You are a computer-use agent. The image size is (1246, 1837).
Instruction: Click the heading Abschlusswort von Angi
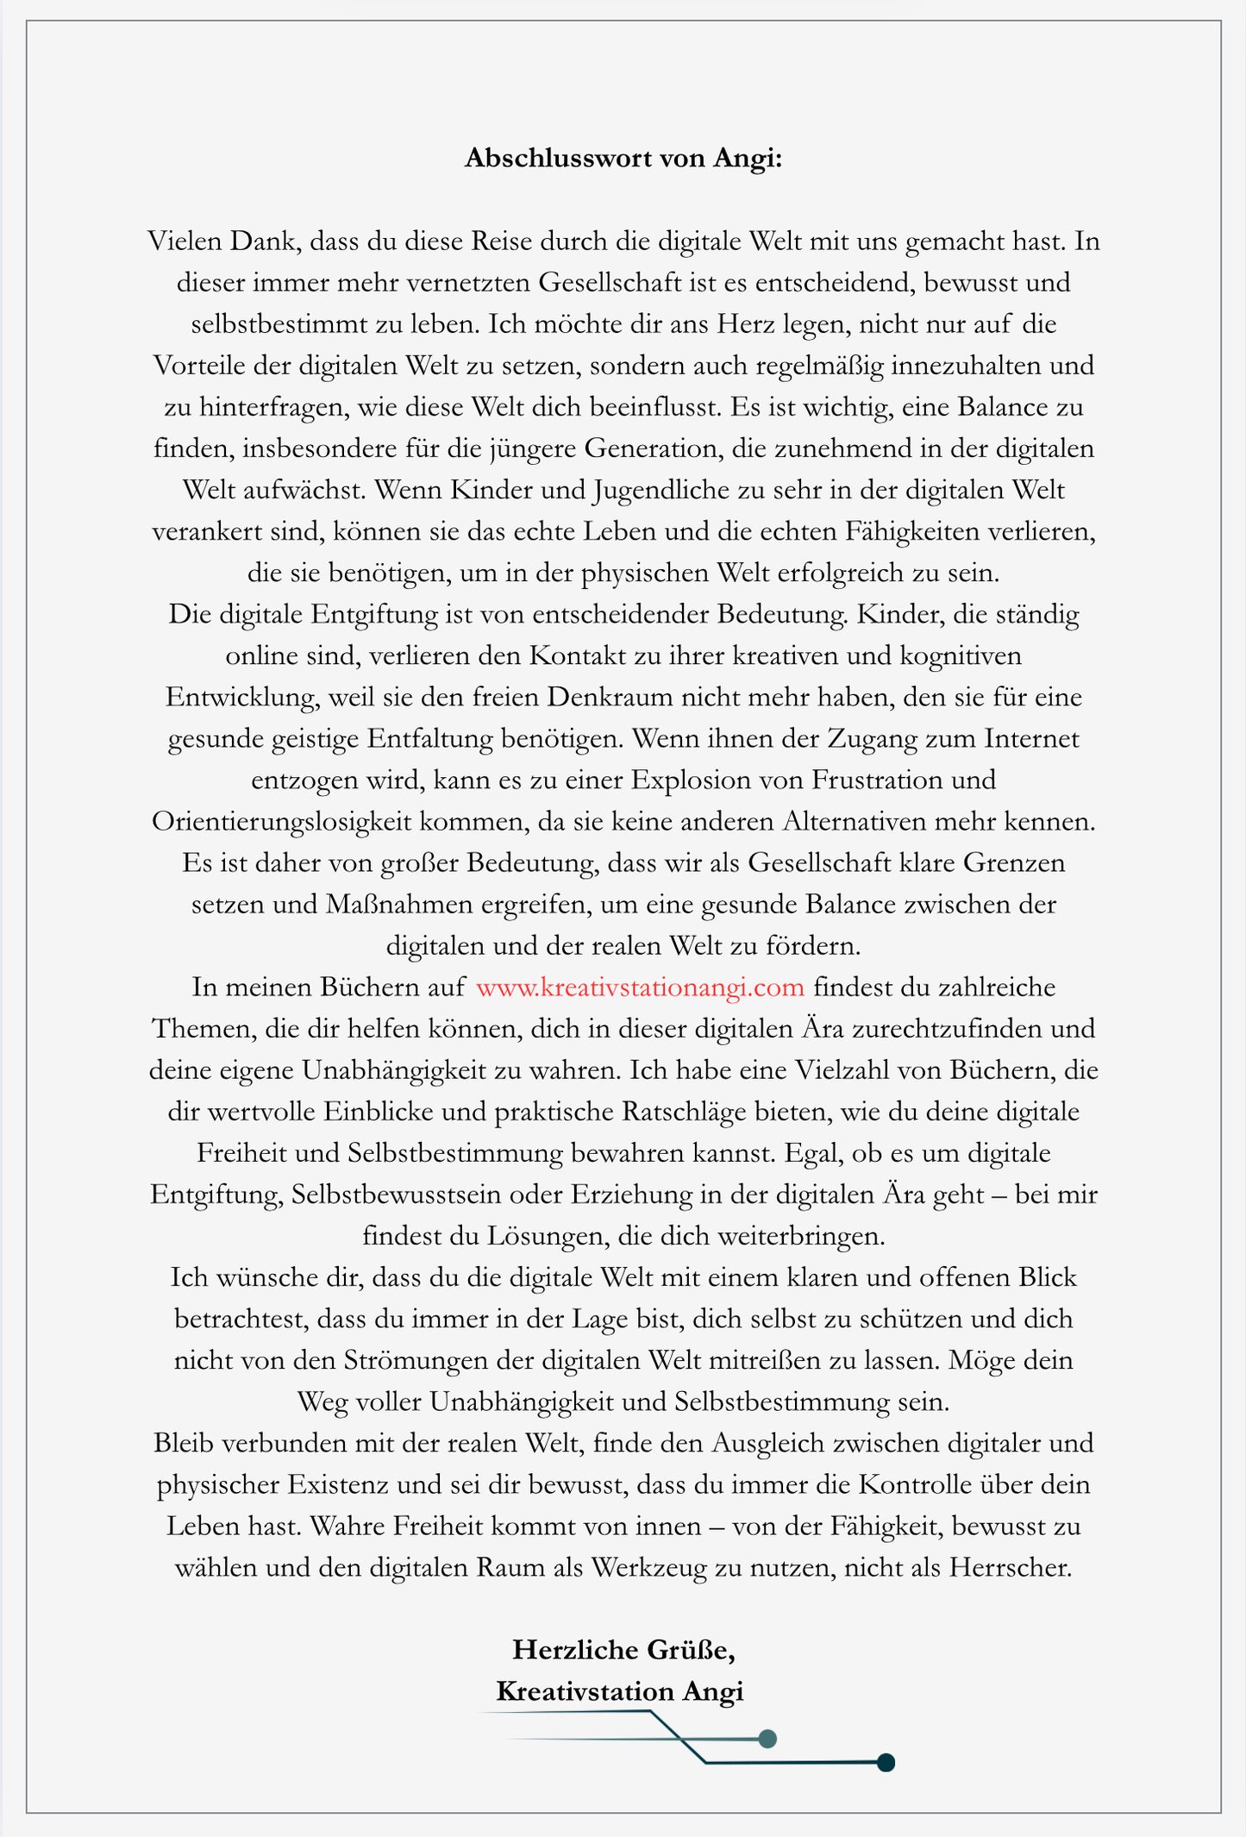[x=623, y=159]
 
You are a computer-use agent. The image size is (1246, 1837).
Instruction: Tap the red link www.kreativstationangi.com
[x=640, y=987]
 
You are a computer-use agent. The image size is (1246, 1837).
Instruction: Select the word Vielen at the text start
[x=185, y=241]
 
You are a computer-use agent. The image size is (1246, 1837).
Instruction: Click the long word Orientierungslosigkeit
[x=282, y=822]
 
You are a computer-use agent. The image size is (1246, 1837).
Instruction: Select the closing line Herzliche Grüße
[x=623, y=1650]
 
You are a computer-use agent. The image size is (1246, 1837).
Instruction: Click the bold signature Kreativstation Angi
[x=619, y=1691]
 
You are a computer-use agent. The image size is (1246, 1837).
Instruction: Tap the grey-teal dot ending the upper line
[x=767, y=1739]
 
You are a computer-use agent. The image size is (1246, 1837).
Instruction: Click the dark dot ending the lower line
[x=885, y=1763]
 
